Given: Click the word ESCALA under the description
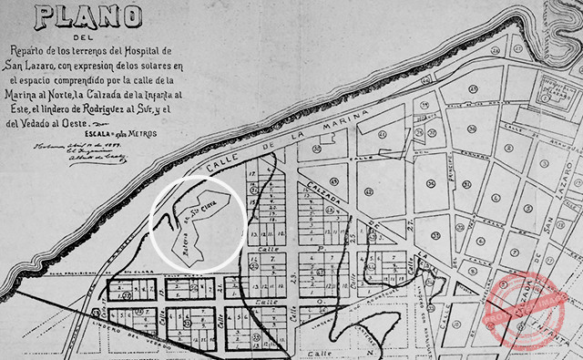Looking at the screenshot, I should pyautogui.click(x=94, y=133).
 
